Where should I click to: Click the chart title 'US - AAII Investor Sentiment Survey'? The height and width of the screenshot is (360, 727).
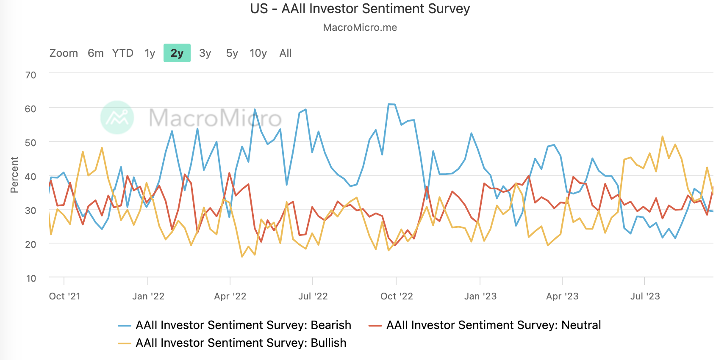tap(360, 9)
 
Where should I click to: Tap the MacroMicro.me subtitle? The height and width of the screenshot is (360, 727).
tap(360, 28)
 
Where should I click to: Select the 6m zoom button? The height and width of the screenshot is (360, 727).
tap(95, 53)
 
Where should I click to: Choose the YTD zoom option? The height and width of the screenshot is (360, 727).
tap(122, 53)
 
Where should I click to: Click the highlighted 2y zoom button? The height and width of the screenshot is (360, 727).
tap(177, 53)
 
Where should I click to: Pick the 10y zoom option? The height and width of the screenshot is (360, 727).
tap(258, 53)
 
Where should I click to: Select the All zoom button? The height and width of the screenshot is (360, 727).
tap(285, 53)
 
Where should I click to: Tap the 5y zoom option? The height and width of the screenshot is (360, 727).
tap(232, 53)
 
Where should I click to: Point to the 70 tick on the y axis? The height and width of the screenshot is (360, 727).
tap(31, 75)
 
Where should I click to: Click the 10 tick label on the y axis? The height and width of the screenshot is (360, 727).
tap(31, 278)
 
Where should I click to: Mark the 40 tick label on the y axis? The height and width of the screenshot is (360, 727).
tap(31, 177)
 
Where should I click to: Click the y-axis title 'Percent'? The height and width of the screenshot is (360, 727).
tap(14, 174)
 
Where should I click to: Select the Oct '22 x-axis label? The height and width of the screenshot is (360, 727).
tap(396, 296)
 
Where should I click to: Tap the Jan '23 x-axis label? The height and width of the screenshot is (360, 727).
tap(480, 296)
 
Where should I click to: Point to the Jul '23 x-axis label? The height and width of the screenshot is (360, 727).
tap(645, 296)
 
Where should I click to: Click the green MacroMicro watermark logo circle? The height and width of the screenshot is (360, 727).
tap(117, 117)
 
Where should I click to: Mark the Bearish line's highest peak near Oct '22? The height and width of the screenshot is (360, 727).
tap(391, 104)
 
